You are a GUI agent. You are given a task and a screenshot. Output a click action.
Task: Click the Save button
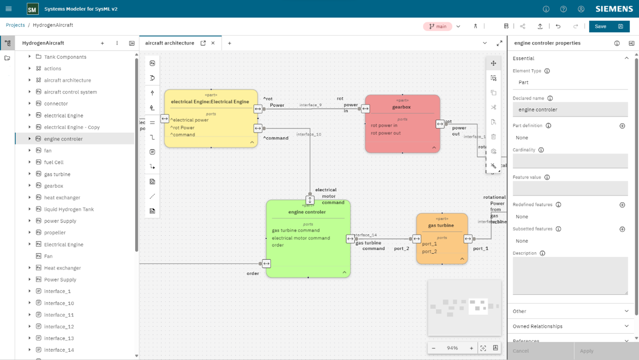click(x=600, y=26)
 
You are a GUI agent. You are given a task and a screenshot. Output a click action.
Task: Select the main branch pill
click(x=437, y=26)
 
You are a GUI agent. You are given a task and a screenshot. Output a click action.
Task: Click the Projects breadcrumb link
click(x=15, y=25)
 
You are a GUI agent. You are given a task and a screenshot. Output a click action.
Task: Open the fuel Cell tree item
click(x=54, y=162)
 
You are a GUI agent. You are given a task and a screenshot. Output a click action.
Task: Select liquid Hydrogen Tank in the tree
click(x=69, y=209)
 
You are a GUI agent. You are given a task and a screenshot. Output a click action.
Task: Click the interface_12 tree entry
click(x=59, y=326)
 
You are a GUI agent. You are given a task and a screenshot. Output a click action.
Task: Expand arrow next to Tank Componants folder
click(x=30, y=57)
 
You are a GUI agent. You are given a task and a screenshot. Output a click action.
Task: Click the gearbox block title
click(x=401, y=107)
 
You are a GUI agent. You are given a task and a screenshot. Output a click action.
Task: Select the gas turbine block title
click(x=441, y=225)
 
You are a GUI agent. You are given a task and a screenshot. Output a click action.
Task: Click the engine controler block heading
click(x=307, y=212)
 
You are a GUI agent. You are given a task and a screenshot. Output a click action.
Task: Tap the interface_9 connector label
click(x=311, y=105)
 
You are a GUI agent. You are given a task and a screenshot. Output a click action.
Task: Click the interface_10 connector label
click(x=309, y=134)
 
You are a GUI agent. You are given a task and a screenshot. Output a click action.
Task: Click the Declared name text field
click(x=570, y=109)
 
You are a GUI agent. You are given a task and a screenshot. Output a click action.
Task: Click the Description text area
click(x=570, y=276)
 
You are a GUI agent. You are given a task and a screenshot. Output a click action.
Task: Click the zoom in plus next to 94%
click(x=471, y=348)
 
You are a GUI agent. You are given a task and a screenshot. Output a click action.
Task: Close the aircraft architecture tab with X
click(x=213, y=43)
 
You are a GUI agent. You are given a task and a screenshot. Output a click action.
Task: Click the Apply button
click(x=586, y=351)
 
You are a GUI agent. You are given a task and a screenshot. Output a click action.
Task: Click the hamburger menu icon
click(x=8, y=9)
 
